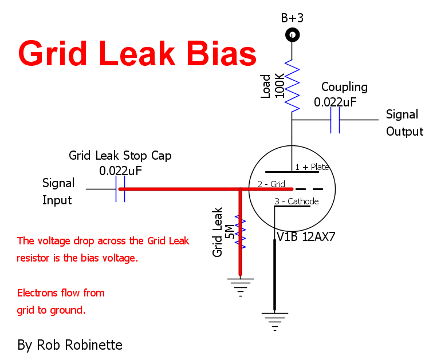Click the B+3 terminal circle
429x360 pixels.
coord(293,35)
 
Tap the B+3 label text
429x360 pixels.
coord(292,18)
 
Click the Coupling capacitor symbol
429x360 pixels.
coord(336,120)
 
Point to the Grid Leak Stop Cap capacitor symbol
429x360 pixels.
coord(120,188)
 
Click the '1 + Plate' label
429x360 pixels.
coord(312,167)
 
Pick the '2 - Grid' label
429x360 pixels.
coord(272,184)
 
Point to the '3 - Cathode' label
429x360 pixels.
coord(296,201)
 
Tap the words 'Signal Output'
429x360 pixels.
coord(404,122)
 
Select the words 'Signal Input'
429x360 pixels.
coord(58,192)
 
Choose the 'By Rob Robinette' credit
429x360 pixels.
coord(70,345)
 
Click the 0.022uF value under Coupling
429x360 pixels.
coord(336,102)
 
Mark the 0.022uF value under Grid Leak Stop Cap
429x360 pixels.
coord(121,171)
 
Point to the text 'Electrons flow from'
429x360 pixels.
coord(61,293)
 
